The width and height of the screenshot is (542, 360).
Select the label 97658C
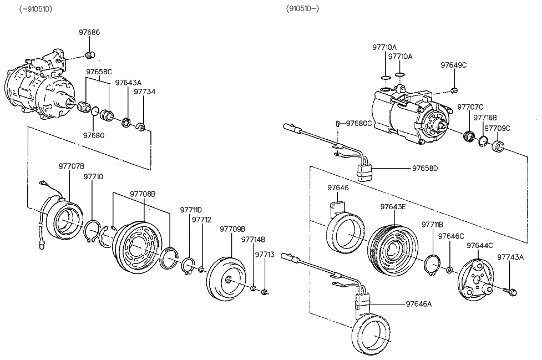coord(99,72)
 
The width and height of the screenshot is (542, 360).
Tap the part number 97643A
coord(128,83)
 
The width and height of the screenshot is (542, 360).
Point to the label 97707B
coord(72,166)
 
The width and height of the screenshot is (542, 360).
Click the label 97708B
coord(143,194)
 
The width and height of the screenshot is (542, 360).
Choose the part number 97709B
coord(232,229)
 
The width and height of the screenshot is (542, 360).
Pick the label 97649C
coord(454,65)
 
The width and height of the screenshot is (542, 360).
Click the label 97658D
coord(425,168)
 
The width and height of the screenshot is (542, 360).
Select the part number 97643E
coord(393,206)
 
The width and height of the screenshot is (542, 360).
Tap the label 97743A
coord(510,257)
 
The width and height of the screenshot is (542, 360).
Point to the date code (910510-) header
coord(303,8)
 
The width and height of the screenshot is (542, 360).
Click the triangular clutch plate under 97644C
coord(476,281)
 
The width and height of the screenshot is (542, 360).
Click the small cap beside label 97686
coord(91,54)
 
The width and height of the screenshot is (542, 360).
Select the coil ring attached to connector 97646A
coord(372,336)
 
